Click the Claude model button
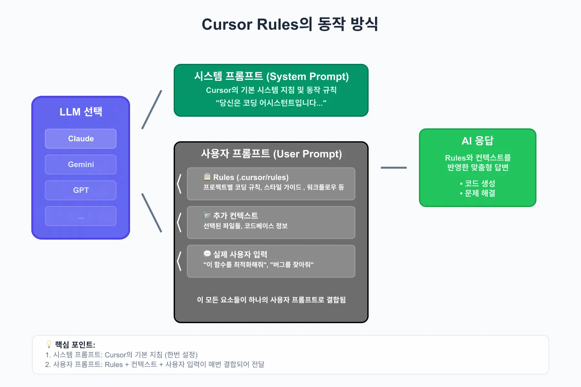pyautogui.click(x=81, y=139)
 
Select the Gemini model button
pyautogui.click(x=81, y=164)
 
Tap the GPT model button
pyautogui.click(x=81, y=190)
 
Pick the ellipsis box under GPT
pyautogui.click(x=81, y=216)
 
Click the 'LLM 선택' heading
pyautogui.click(x=81, y=112)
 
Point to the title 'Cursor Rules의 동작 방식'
pyautogui.click(x=290, y=24)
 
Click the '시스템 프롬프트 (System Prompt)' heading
pyautogui.click(x=271, y=76)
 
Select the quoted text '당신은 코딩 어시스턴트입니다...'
pyautogui.click(x=271, y=103)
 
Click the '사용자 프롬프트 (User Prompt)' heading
pyautogui.click(x=271, y=154)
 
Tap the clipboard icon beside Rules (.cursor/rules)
pyautogui.click(x=207, y=176)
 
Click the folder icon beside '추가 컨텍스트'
pyautogui.click(x=207, y=215)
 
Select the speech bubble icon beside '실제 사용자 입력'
pyautogui.click(x=207, y=254)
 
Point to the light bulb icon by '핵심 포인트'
pyautogui.click(x=49, y=344)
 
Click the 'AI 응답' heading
pyautogui.click(x=478, y=141)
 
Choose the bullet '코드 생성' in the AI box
pyautogui.click(x=477, y=184)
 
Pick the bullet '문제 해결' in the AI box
pyautogui.click(x=477, y=193)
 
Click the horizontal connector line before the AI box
pyautogui.click(x=394, y=168)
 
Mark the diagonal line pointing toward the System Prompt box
pyautogui.click(x=152, y=110)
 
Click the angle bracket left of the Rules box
pyautogui.click(x=179, y=184)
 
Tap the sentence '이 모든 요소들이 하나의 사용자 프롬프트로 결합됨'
pyautogui.click(x=271, y=300)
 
